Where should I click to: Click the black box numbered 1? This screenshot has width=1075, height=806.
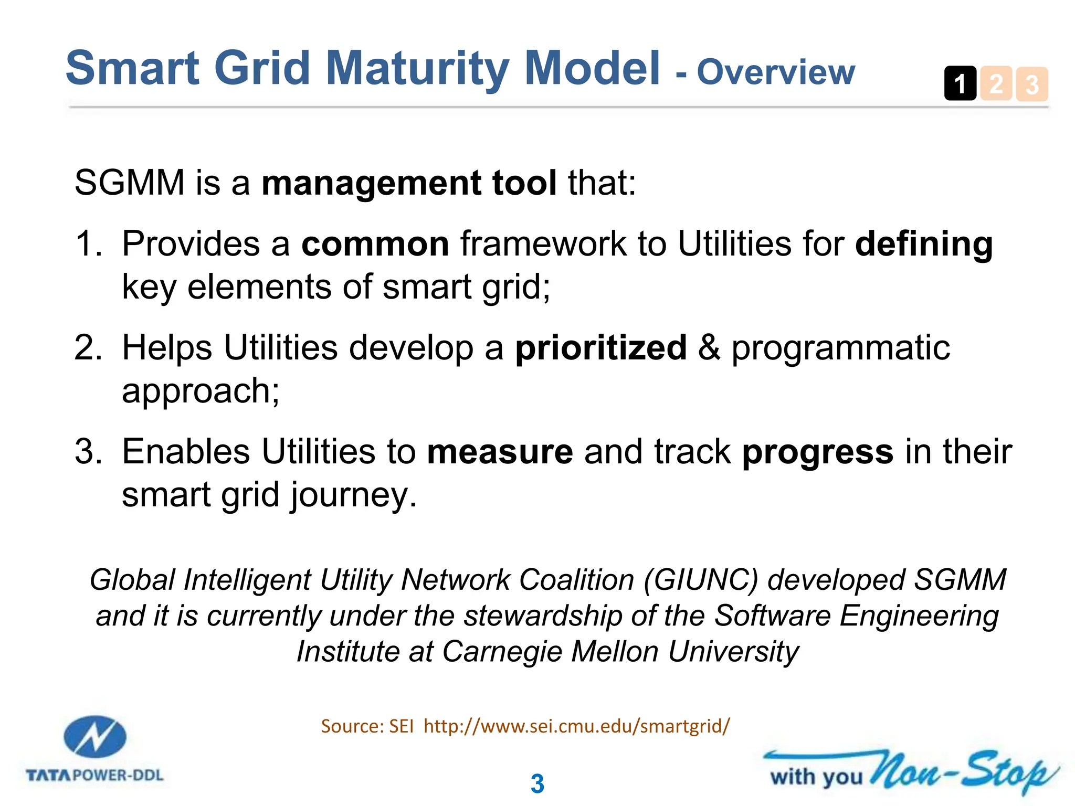960,83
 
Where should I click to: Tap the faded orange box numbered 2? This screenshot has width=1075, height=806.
996,83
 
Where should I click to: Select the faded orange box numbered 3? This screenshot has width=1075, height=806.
1032,84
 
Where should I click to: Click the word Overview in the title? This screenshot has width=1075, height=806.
776,72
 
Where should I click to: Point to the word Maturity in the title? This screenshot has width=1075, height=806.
417,68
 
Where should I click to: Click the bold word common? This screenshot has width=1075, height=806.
375,244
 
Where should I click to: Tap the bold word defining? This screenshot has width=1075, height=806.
924,244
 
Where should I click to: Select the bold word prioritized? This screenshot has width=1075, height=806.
600,348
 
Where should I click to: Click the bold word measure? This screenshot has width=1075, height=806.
500,452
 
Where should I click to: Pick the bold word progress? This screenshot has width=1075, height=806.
817,452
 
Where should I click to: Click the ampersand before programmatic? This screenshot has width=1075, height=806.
709,348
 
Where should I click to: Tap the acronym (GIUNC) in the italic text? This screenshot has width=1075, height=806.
701,580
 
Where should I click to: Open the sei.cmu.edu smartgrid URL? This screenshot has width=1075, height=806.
576,726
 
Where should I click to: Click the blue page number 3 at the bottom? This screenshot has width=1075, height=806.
537,784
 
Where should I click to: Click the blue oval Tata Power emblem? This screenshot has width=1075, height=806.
94,737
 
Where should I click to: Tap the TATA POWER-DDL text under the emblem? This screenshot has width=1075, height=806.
94,775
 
